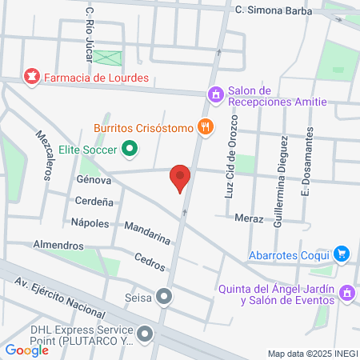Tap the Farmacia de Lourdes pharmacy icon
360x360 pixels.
pos(32,77)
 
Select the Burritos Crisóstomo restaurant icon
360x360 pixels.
pos(206,126)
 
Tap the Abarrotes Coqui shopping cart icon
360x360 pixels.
pos(342,254)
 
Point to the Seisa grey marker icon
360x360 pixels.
pos(165,298)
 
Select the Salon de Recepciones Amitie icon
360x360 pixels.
pos(215,95)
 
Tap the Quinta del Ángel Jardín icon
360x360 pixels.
pos(347,294)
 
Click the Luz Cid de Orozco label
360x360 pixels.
pos(231,157)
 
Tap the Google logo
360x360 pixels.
pos(26,350)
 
